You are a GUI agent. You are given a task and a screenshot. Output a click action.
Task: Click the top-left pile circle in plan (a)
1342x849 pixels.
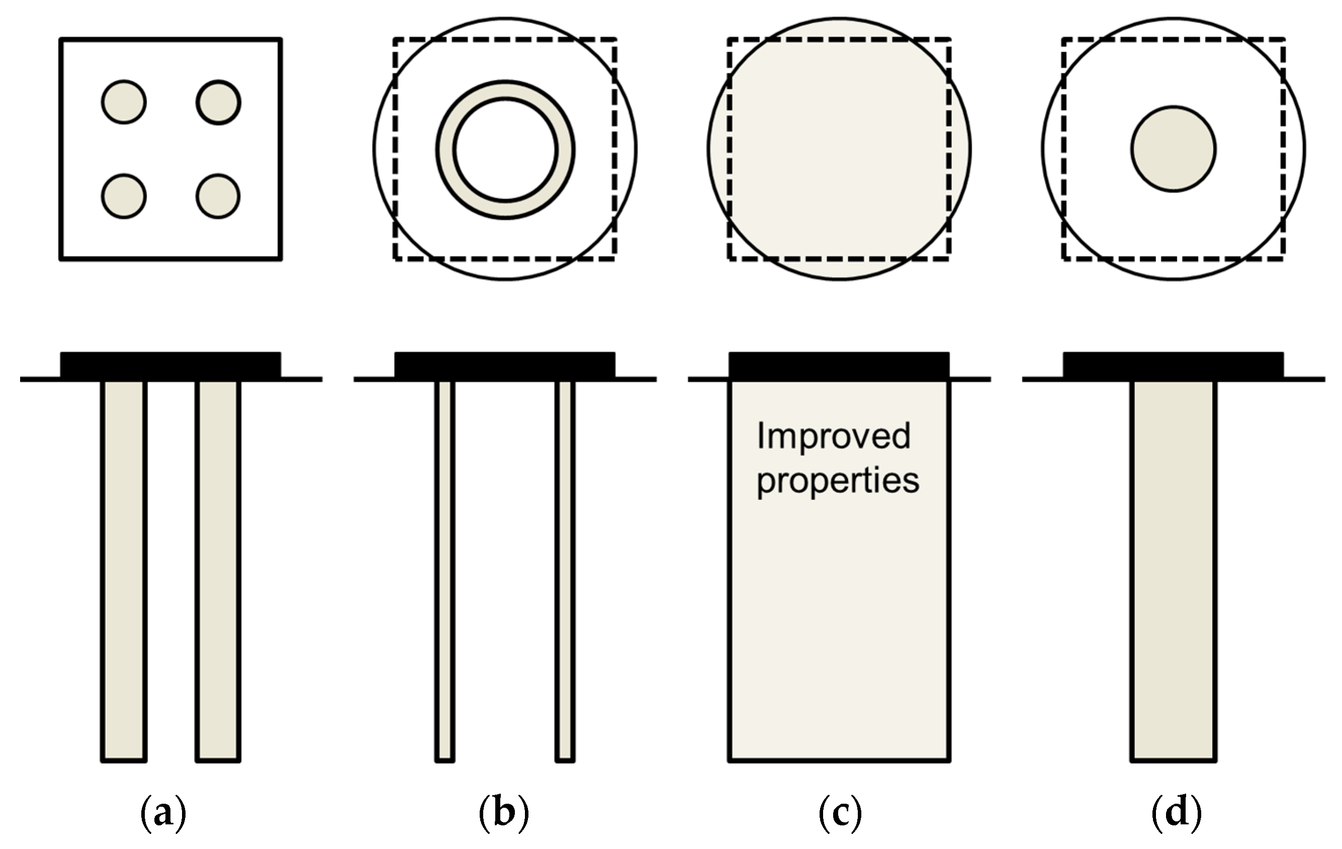click(124, 102)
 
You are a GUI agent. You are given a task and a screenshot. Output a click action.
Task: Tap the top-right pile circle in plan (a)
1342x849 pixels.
click(218, 102)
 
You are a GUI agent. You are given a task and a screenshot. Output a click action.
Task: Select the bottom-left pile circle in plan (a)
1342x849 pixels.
click(124, 196)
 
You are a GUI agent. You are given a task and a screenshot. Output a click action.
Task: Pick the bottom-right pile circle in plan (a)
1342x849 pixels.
click(218, 196)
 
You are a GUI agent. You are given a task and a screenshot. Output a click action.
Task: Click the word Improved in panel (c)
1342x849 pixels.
click(834, 436)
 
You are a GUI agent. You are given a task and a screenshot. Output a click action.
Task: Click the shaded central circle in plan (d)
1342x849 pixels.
click(1174, 149)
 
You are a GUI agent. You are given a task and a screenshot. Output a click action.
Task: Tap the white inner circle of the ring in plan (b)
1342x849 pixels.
click(505, 149)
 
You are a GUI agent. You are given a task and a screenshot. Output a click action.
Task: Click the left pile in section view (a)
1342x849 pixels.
click(124, 569)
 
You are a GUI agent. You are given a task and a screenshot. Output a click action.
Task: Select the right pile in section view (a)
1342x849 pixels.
click(218, 569)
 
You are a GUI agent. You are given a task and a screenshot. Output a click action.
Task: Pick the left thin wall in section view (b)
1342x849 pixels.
click(444, 569)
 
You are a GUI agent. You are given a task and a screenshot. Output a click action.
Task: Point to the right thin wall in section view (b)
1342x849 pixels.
click(565, 569)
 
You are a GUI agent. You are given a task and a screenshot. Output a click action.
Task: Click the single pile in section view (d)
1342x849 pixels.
click(1174, 569)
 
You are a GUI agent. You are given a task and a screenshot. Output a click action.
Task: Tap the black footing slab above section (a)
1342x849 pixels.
click(170, 365)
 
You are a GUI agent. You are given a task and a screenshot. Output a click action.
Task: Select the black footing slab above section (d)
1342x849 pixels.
click(1174, 365)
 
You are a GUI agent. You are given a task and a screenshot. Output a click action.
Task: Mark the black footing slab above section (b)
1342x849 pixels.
click(505, 365)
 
